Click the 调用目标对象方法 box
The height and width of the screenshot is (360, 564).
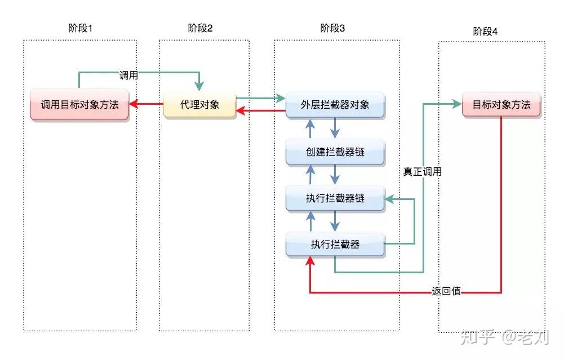pyautogui.click(x=79, y=104)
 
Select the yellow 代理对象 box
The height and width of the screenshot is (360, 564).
pyautogui.click(x=199, y=104)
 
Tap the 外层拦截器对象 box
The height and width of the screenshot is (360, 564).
pyautogui.click(x=335, y=104)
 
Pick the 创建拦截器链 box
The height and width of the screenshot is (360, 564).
pyautogui.click(x=335, y=152)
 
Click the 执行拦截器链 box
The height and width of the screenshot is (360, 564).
pyautogui.click(x=335, y=198)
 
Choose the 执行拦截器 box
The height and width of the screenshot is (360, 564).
pyautogui.click(x=335, y=245)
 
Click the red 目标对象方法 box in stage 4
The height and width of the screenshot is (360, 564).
pyautogui.click(x=501, y=104)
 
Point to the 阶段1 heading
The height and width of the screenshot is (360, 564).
pyautogui.click(x=79, y=29)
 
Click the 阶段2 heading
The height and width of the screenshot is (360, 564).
pyautogui.click(x=200, y=29)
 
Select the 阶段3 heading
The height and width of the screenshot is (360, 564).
pyautogui.click(x=332, y=29)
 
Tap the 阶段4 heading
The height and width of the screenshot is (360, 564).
pyautogui.click(x=485, y=32)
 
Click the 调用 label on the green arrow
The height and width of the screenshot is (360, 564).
pyautogui.click(x=128, y=75)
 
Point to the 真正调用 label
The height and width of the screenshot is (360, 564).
pyautogui.click(x=422, y=172)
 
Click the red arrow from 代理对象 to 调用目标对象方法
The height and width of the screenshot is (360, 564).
pyautogui.click(x=146, y=104)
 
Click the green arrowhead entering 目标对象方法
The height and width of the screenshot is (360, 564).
pyautogui.click(x=456, y=104)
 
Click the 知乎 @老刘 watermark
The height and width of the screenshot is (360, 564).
pyautogui.click(x=504, y=337)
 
